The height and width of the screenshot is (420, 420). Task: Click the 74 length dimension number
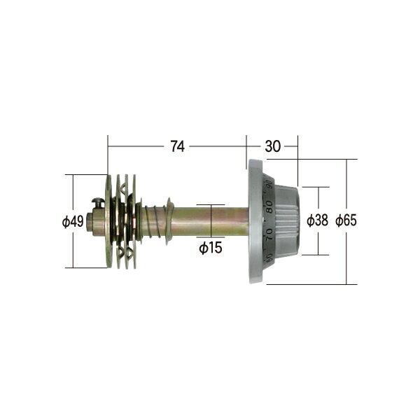pyautogui.click(x=177, y=146)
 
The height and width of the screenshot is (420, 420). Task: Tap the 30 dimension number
pyautogui.click(x=272, y=146)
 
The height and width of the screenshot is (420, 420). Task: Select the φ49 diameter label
pyautogui.click(x=73, y=221)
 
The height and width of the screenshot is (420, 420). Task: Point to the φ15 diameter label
pyautogui.click(x=211, y=248)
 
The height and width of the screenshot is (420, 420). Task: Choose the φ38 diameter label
pyautogui.click(x=318, y=220)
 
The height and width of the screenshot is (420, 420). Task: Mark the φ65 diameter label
pyautogui.click(x=346, y=220)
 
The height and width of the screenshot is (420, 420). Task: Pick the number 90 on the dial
pyautogui.click(x=269, y=187)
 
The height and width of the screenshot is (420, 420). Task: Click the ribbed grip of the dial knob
pyautogui.click(x=287, y=221)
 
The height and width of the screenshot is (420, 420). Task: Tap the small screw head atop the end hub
pyautogui.click(x=98, y=202)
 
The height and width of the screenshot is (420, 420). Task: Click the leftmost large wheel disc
pyautogui.click(x=108, y=221)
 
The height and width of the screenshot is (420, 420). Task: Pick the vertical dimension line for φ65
pyautogui.click(x=346, y=259)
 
